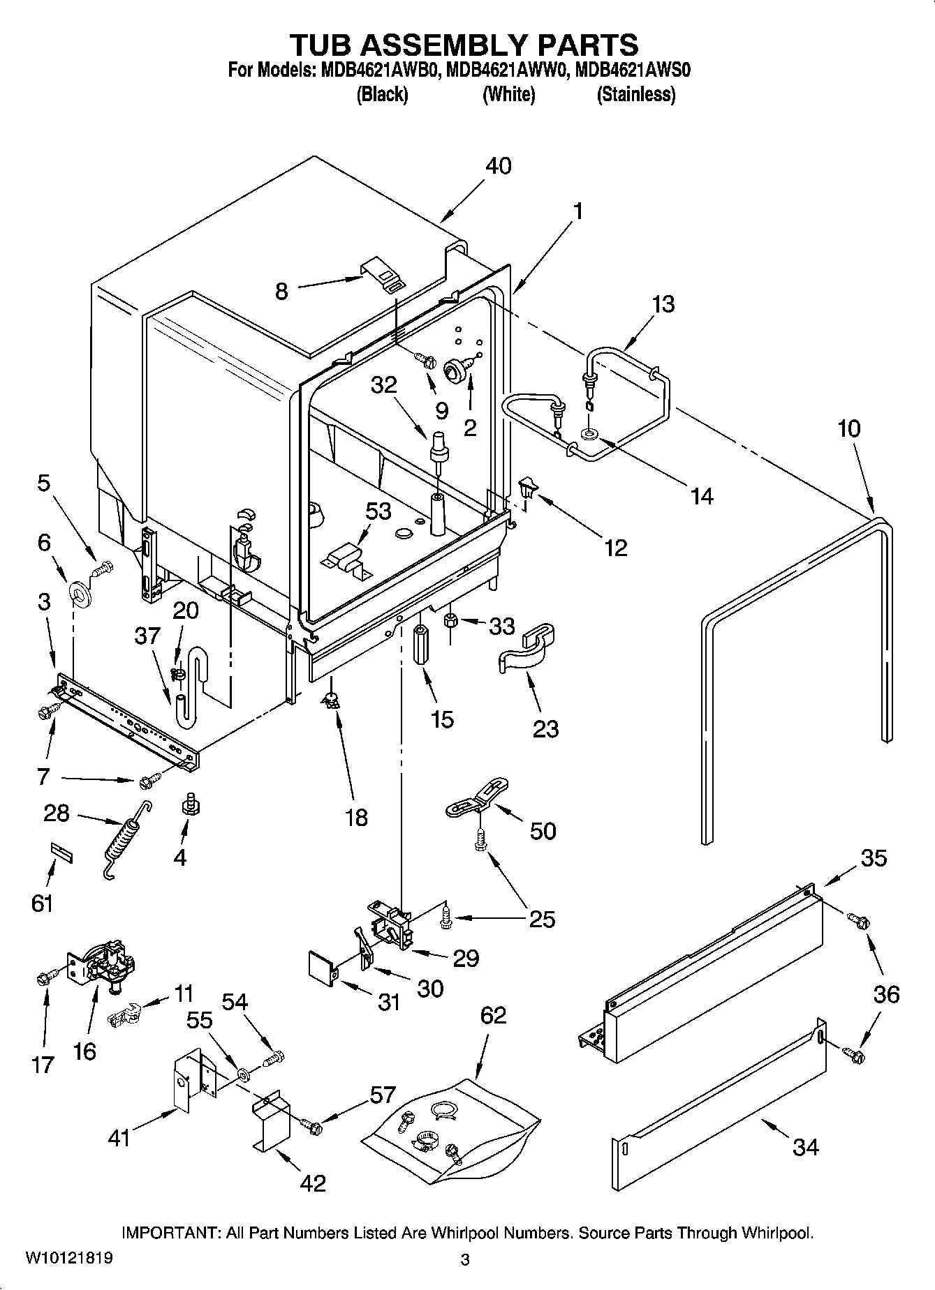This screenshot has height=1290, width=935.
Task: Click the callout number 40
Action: (x=499, y=166)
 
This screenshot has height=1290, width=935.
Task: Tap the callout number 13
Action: (x=663, y=304)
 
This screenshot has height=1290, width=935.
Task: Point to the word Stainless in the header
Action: (x=635, y=95)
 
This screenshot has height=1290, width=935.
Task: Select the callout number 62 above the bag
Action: (x=493, y=1015)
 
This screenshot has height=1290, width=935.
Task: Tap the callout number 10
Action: (x=849, y=428)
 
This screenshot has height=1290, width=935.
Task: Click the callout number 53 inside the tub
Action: (x=378, y=511)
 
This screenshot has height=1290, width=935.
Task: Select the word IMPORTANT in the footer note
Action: (x=172, y=1233)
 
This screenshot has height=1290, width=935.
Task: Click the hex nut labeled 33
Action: (x=451, y=619)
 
